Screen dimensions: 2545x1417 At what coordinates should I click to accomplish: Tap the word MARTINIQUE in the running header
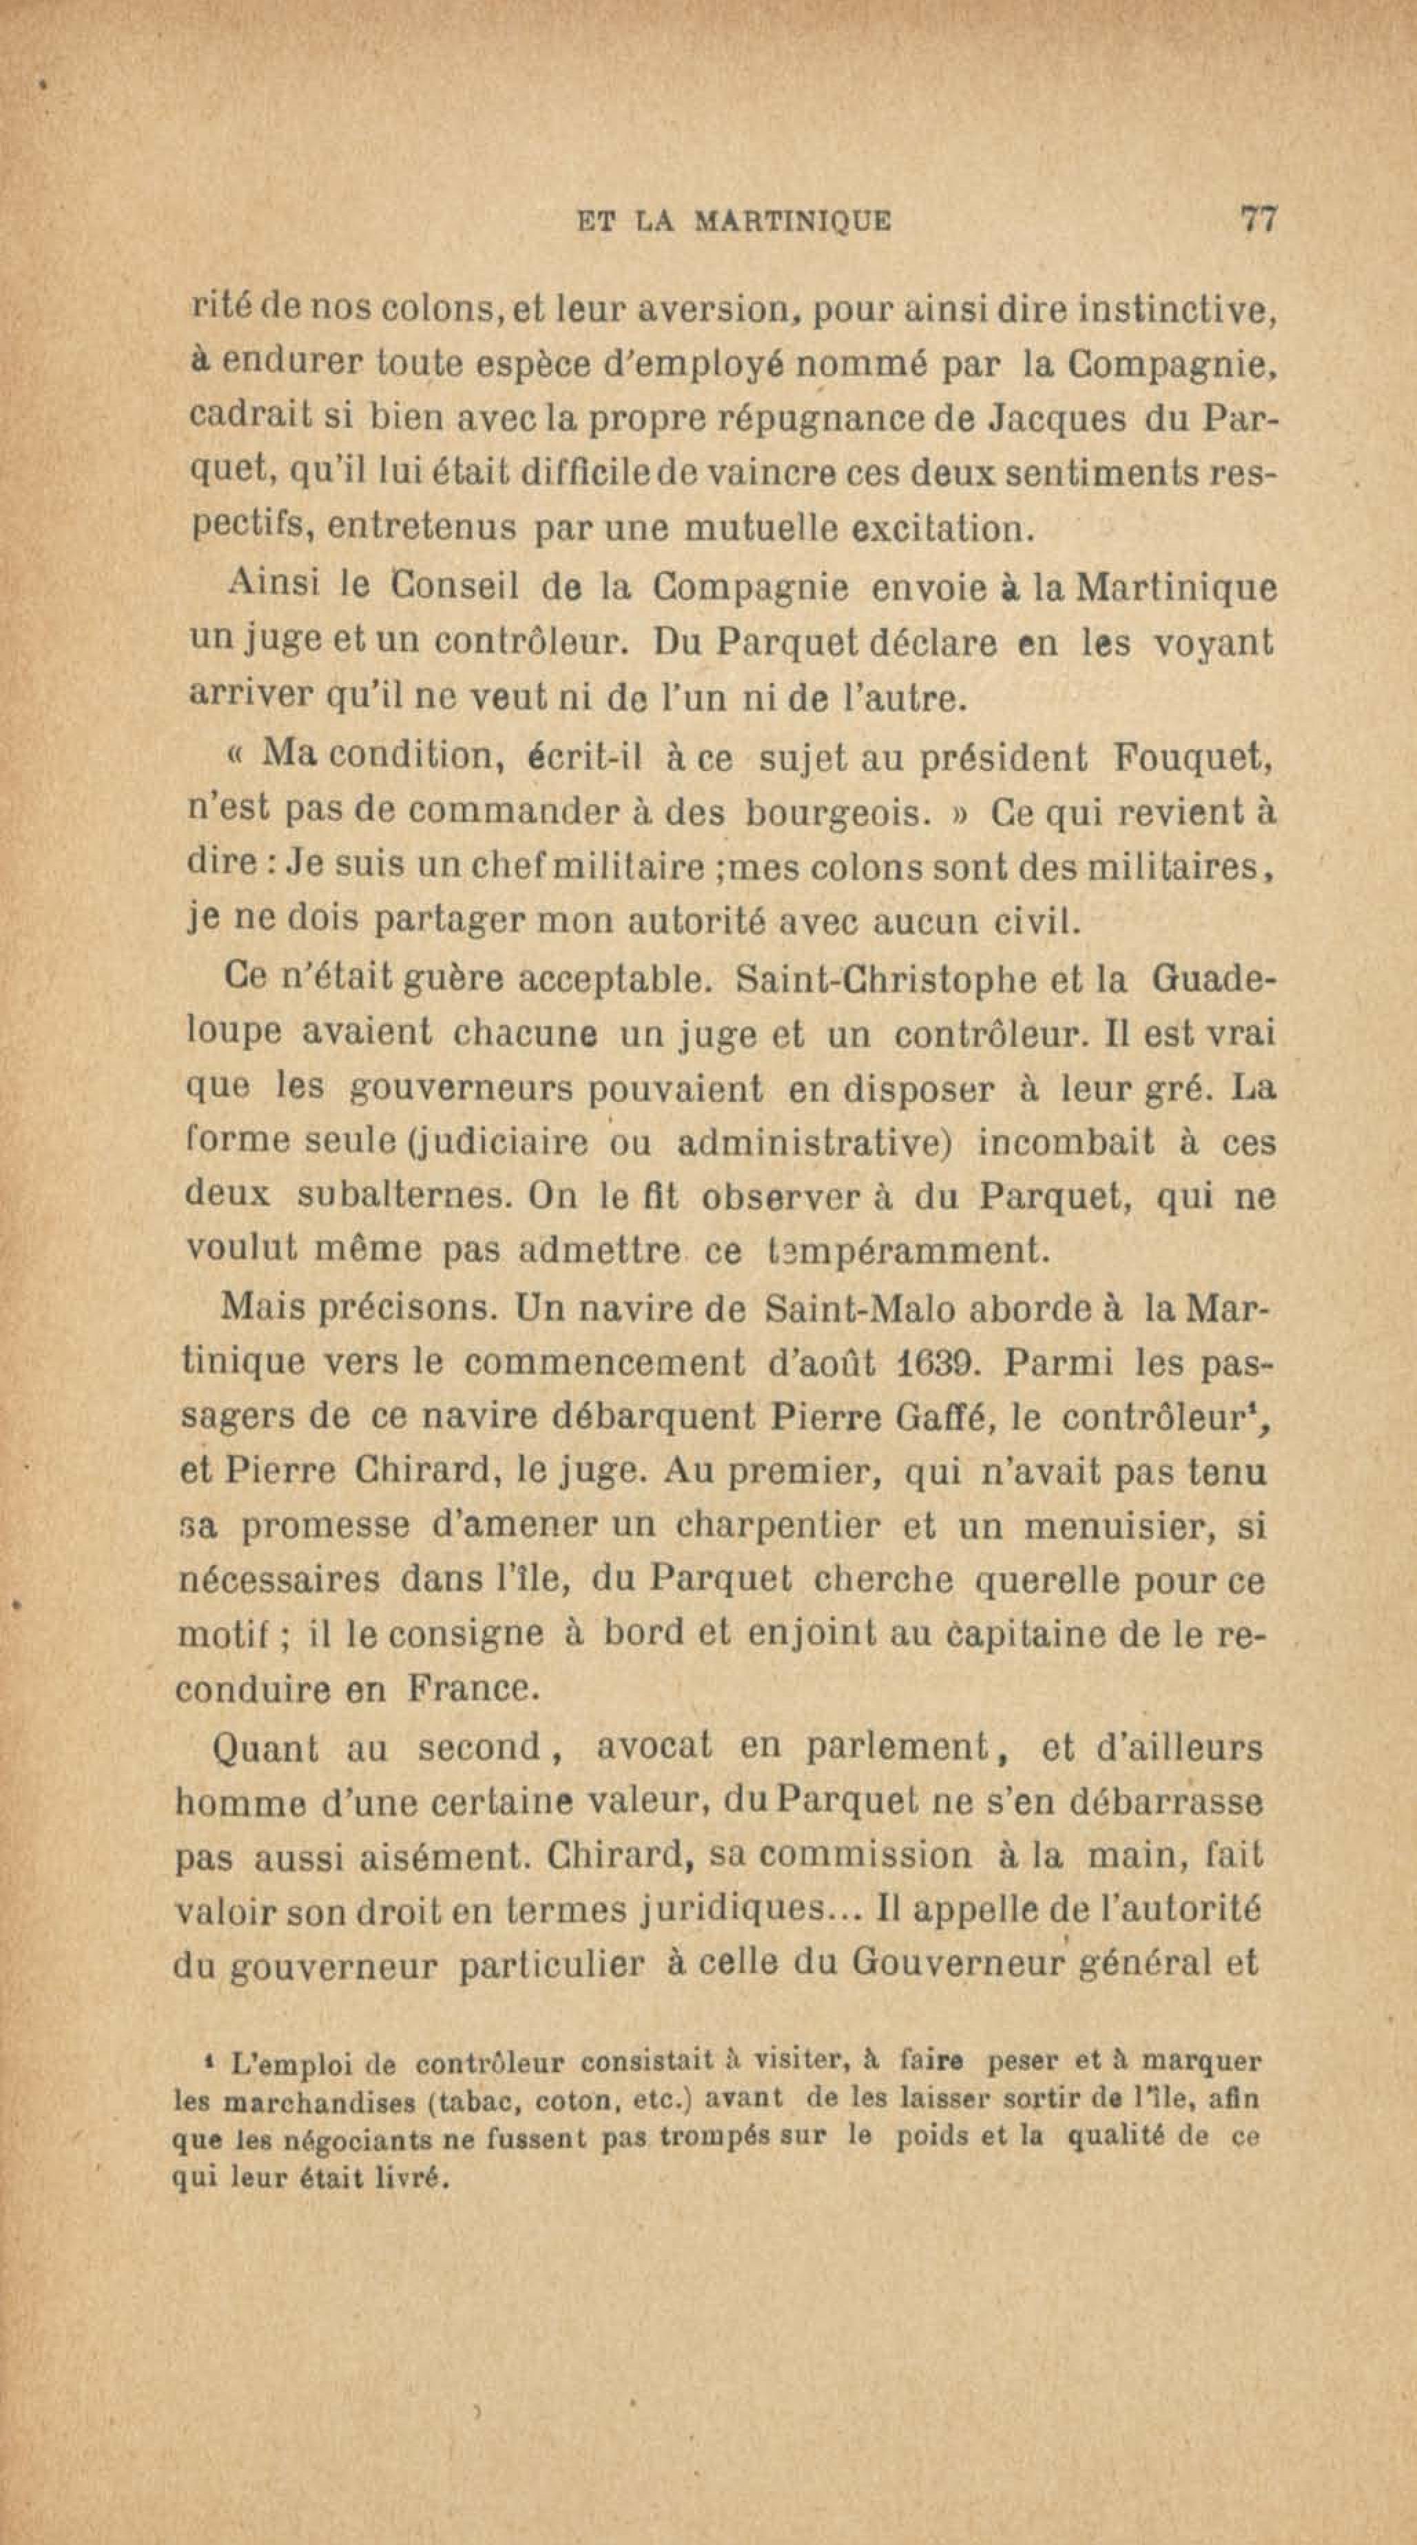point(793,221)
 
